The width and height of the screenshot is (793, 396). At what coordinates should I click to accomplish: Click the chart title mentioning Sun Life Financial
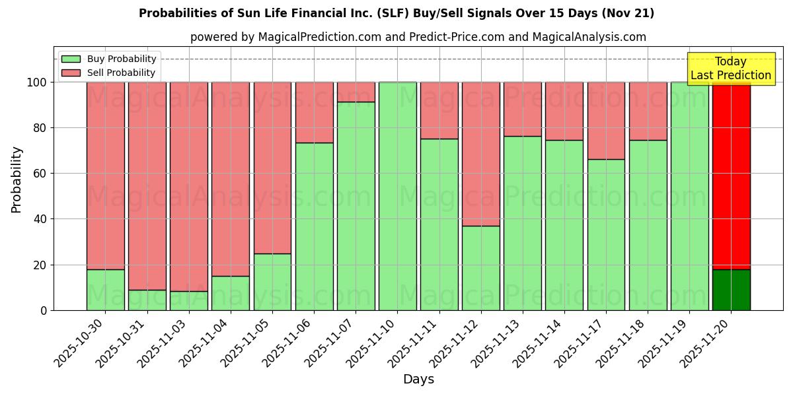click(397, 13)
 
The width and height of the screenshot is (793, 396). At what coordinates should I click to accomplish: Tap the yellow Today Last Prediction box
click(731, 69)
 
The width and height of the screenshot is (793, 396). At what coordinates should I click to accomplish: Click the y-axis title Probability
click(17, 180)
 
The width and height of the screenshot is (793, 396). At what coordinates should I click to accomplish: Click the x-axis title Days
click(418, 379)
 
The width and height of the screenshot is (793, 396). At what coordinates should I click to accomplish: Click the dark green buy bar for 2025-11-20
click(731, 290)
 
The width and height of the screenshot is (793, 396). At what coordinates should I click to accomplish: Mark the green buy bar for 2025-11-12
click(480, 268)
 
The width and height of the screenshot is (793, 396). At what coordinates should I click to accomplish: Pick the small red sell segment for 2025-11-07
click(356, 92)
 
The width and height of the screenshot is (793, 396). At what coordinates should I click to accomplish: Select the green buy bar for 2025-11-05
click(272, 282)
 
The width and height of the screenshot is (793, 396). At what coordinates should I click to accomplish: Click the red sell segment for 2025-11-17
click(606, 120)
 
